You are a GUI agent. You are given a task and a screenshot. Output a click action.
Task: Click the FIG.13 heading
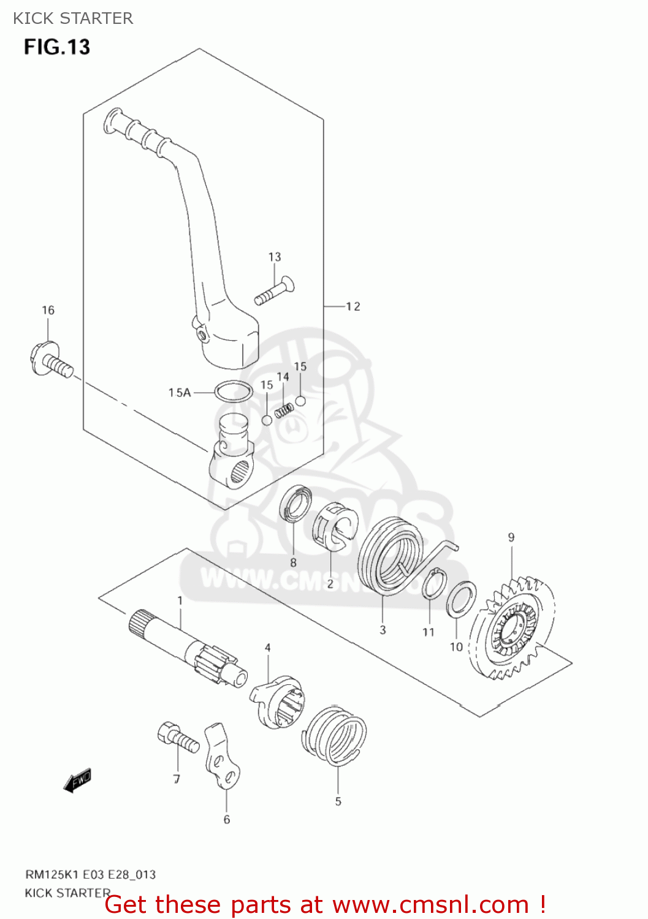[57, 47]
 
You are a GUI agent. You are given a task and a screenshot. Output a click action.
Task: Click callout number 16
[48, 310]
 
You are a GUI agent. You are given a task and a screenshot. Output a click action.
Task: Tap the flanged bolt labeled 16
[49, 361]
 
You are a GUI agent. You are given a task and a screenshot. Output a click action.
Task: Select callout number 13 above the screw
[275, 257]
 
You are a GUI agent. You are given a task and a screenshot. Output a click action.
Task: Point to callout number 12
[353, 306]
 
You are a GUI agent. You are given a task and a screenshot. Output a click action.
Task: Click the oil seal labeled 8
[296, 504]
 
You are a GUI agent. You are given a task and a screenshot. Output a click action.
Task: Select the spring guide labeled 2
[334, 524]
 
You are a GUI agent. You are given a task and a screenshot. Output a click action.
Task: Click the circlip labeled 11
[434, 583]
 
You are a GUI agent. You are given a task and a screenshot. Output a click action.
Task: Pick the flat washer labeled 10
[462, 599]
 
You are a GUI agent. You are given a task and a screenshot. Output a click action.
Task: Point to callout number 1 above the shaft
[180, 600]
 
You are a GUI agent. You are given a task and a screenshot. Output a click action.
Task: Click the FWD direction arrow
[78, 781]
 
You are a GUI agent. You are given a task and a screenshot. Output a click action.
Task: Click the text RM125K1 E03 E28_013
[90, 874]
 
